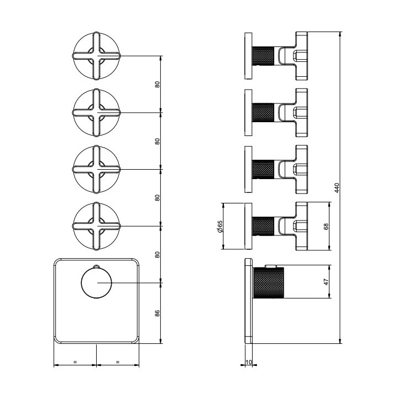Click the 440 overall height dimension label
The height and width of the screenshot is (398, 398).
click(337, 188)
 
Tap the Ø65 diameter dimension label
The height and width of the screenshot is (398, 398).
click(220, 226)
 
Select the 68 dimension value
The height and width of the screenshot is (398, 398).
click(326, 226)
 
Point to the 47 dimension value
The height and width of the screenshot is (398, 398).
click(326, 282)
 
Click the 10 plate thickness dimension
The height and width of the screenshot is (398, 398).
click(249, 362)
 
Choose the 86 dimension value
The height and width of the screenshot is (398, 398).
click(158, 313)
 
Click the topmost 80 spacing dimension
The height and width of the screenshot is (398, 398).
click(158, 84)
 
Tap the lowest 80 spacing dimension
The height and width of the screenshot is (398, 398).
click(158, 255)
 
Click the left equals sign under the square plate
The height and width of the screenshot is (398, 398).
click(75, 362)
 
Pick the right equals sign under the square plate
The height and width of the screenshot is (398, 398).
click(117, 362)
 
